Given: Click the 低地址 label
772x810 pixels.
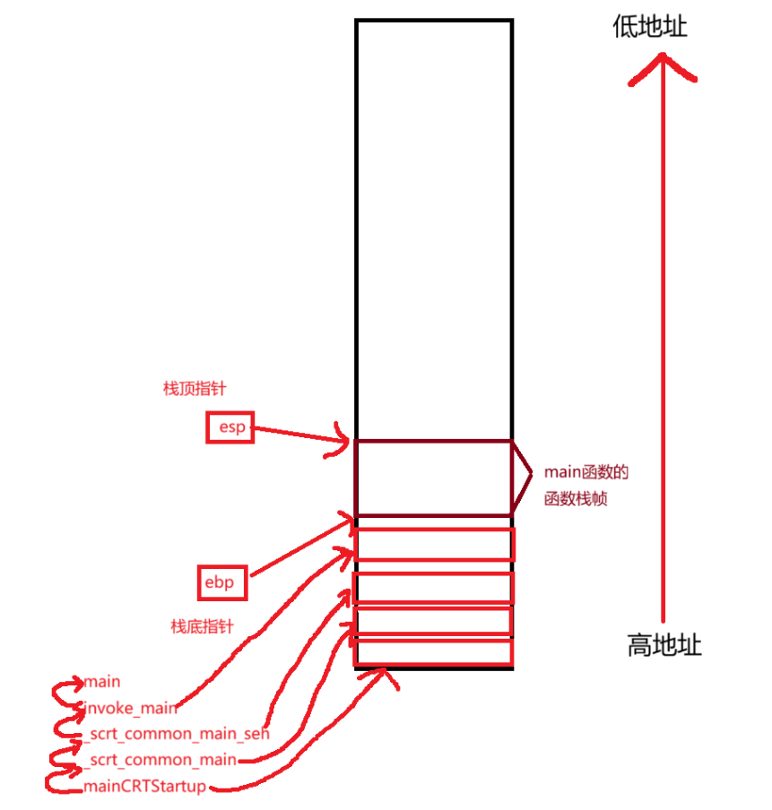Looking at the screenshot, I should click(x=650, y=28).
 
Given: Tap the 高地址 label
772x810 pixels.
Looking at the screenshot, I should click(x=664, y=645).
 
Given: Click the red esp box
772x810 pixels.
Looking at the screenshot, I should click(x=230, y=427).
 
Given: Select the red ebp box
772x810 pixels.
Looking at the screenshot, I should click(x=219, y=583).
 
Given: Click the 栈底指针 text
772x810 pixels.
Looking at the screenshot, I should click(x=202, y=626).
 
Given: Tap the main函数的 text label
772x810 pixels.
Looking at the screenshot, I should click(x=586, y=472).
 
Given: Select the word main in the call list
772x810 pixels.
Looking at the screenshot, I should click(x=102, y=683).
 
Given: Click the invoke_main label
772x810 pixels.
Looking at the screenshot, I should click(x=131, y=708).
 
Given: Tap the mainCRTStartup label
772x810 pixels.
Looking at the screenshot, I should click(x=145, y=787).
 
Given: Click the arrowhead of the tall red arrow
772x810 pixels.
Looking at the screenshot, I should click(x=663, y=65).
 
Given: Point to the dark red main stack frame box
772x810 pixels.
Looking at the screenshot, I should click(x=433, y=478).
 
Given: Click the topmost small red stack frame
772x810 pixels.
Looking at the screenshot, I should click(x=435, y=545).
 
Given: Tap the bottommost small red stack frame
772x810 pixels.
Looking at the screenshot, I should click(x=435, y=651).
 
